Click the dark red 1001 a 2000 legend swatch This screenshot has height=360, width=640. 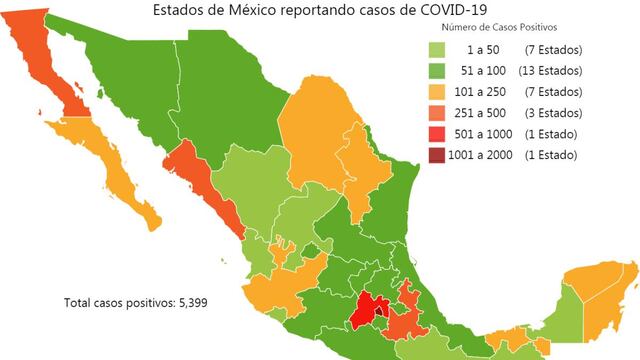438,155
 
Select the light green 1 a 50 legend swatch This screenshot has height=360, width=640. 438,49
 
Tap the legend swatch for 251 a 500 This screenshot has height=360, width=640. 438,113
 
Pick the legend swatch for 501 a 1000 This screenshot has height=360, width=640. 438,134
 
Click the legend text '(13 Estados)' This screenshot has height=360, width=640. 552,70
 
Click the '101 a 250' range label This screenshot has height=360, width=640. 484,92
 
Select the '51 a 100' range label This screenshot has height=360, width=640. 484,70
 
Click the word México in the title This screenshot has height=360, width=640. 236,9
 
